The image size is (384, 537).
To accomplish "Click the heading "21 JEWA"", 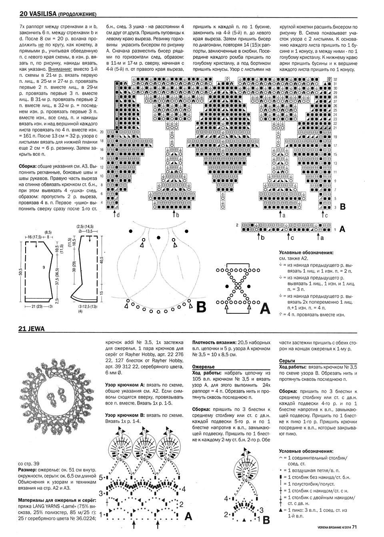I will pyautogui.click(x=31, y=329).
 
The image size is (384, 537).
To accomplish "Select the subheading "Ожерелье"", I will pyautogui.click(x=203, y=367).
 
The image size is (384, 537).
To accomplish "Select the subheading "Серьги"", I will pyautogui.click(x=287, y=361).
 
